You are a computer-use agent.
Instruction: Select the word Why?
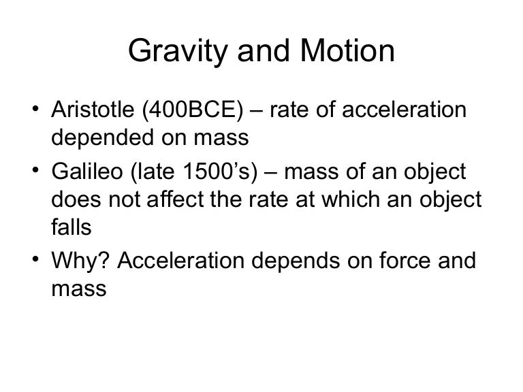[x=77, y=261]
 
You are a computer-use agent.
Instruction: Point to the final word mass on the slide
[x=78, y=289]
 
